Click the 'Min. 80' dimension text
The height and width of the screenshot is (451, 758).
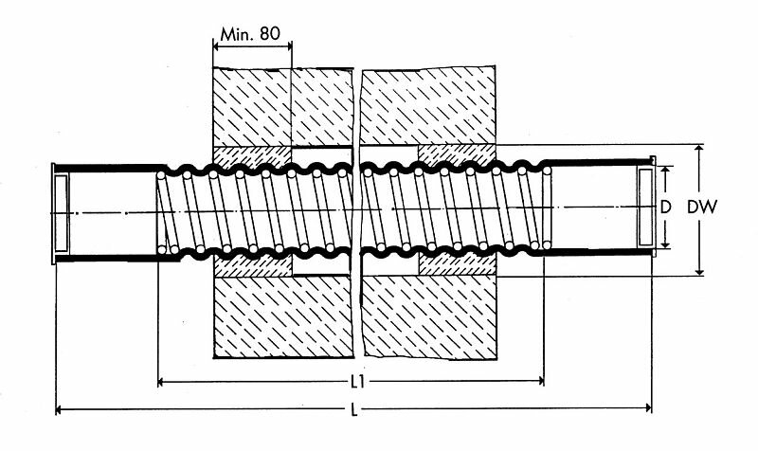250,34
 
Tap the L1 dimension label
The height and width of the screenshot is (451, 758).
357,383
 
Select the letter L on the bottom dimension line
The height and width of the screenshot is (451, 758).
354,410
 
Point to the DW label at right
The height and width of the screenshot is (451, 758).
702,207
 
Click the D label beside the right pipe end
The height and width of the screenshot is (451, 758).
666,207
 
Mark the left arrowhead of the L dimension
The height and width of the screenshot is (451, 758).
60,409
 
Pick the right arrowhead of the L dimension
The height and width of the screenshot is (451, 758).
648,408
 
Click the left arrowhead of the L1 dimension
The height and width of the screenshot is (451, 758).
162,383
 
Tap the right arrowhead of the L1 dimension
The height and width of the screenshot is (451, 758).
540,382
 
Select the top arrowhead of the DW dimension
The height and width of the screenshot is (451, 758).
699,149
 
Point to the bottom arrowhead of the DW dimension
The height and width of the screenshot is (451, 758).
699,272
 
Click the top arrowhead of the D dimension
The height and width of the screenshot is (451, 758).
666,171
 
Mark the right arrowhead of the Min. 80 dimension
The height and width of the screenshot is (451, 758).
288,46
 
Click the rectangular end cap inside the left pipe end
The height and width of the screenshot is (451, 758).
61,213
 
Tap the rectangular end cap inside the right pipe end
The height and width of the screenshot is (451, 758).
645,207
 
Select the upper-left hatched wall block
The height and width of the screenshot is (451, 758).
282,106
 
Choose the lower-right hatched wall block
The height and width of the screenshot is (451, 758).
429,317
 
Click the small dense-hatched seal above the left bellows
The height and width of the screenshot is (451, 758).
252,157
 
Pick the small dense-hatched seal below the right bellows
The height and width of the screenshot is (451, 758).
458,264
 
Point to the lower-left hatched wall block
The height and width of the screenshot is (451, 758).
283,317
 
